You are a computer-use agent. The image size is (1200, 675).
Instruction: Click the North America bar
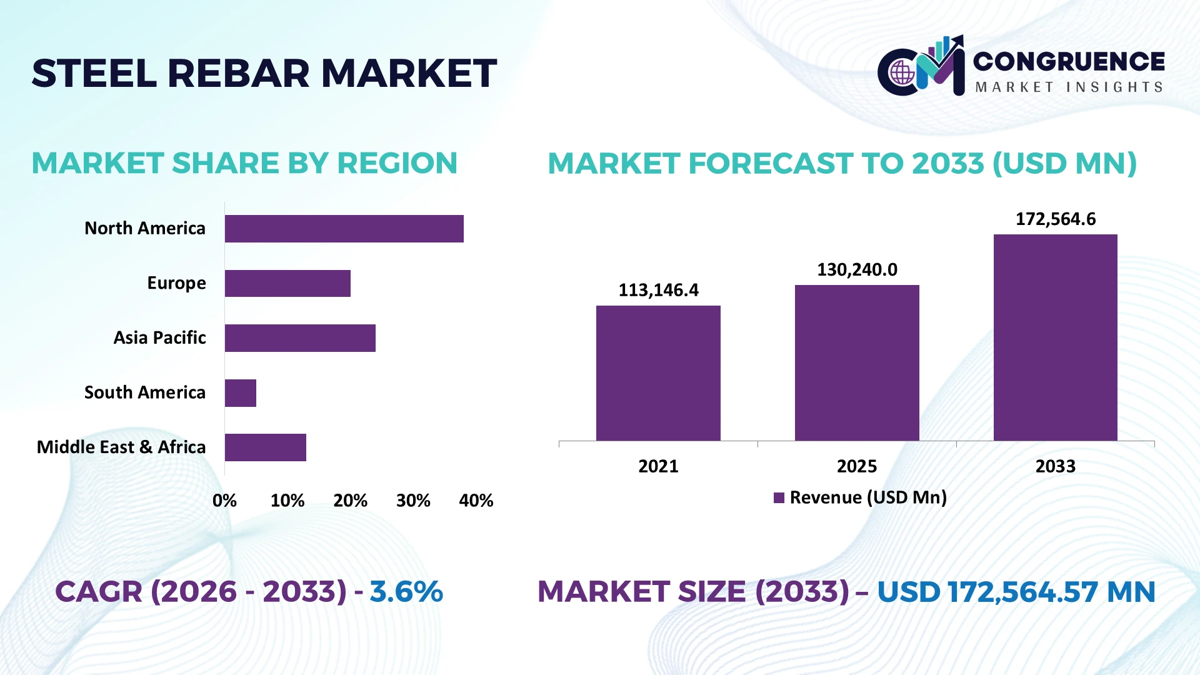pyautogui.click(x=344, y=229)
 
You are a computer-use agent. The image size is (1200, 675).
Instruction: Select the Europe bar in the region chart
pyautogui.click(x=287, y=283)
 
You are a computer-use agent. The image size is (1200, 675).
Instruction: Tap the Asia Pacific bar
pyautogui.click(x=300, y=338)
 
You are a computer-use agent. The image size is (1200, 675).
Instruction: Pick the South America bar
pyautogui.click(x=241, y=393)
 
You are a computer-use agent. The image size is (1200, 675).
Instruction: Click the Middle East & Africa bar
pyautogui.click(x=266, y=447)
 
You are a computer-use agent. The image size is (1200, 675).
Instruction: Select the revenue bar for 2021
pyautogui.click(x=658, y=373)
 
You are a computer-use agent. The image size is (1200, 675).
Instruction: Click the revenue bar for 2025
pyautogui.click(x=857, y=363)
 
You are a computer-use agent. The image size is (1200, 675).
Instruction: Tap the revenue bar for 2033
pyautogui.click(x=1056, y=337)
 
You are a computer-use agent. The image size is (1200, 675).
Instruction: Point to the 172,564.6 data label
pyautogui.click(x=1056, y=219)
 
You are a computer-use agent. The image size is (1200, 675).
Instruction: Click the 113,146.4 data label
pyautogui.click(x=659, y=290)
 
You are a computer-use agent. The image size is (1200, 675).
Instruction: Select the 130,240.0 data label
pyautogui.click(x=857, y=270)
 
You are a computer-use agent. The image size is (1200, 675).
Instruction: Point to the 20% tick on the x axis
pyautogui.click(x=350, y=501)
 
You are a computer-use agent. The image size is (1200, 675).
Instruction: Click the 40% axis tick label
pyautogui.click(x=476, y=501)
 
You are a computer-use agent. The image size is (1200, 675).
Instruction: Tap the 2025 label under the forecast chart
pyautogui.click(x=857, y=466)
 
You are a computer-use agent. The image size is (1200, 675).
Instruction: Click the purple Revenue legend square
pyautogui.click(x=779, y=498)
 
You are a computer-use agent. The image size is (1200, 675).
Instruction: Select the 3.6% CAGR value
pyautogui.click(x=406, y=592)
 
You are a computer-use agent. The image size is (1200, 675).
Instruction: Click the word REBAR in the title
pyautogui.click(x=238, y=73)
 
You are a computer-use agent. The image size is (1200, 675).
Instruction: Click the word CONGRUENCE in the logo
pyautogui.click(x=1069, y=61)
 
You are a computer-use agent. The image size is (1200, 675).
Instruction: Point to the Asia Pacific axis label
pyautogui.click(x=159, y=338)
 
